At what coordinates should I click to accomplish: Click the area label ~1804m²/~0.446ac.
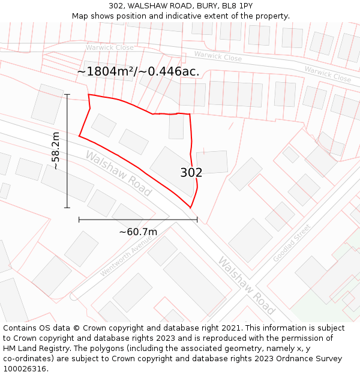138,71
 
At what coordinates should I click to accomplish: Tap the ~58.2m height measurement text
56,151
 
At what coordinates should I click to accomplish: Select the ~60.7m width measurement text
138,232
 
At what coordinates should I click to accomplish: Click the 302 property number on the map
191,173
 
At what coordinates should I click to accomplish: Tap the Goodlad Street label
292,243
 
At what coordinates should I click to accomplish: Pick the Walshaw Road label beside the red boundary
118,173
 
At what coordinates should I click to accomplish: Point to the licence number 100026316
25,368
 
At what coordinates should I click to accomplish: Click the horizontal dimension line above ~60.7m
138,220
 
